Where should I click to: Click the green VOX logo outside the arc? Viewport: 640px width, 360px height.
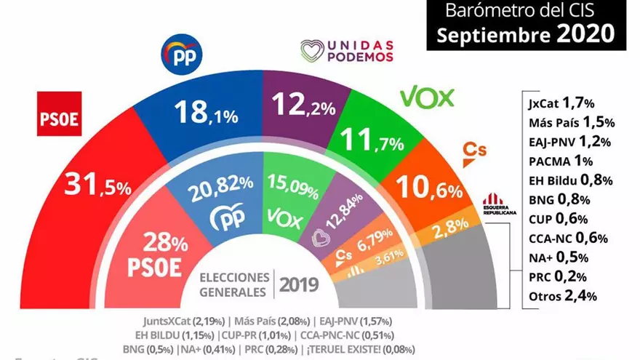click(x=427, y=97)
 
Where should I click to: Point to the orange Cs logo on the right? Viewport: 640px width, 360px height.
click(x=474, y=151)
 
